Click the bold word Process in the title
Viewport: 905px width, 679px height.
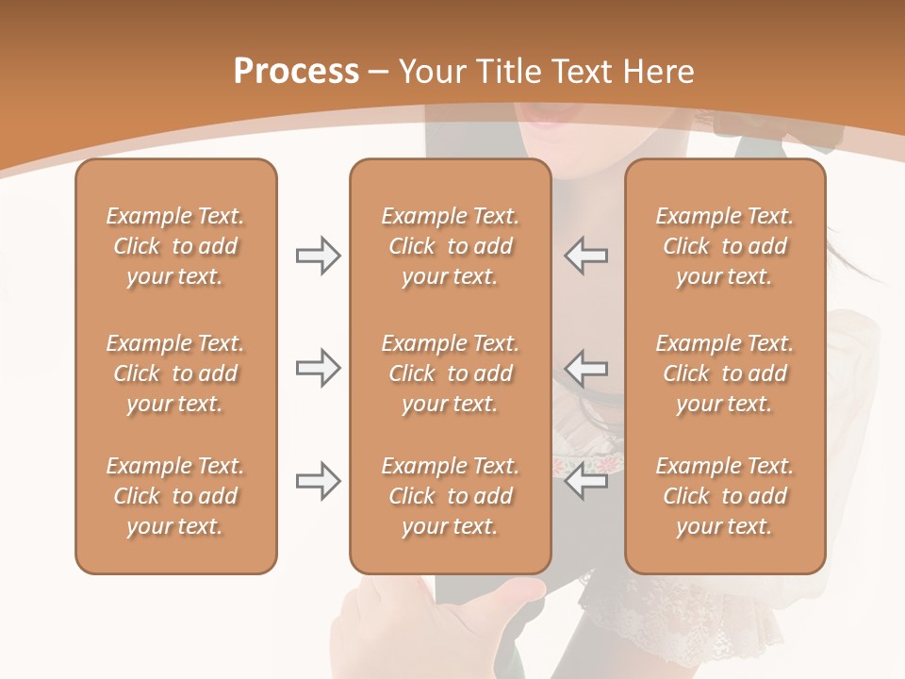(296, 72)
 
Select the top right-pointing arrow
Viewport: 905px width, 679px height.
(318, 256)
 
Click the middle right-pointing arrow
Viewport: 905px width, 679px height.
(318, 368)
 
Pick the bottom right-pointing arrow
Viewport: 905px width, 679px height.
(318, 481)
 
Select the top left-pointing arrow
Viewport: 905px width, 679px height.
(585, 256)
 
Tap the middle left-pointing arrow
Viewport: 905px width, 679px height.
(585, 368)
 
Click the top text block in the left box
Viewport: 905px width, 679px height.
(175, 246)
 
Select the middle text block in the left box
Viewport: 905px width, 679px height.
(175, 373)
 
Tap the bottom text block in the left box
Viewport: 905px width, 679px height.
(175, 496)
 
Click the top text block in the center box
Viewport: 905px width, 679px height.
(450, 246)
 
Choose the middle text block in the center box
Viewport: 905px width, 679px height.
(450, 373)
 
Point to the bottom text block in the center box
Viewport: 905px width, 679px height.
(450, 496)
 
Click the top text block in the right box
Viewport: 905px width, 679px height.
(724, 246)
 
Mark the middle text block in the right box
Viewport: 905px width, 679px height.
(724, 373)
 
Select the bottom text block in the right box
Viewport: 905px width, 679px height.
(724, 496)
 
